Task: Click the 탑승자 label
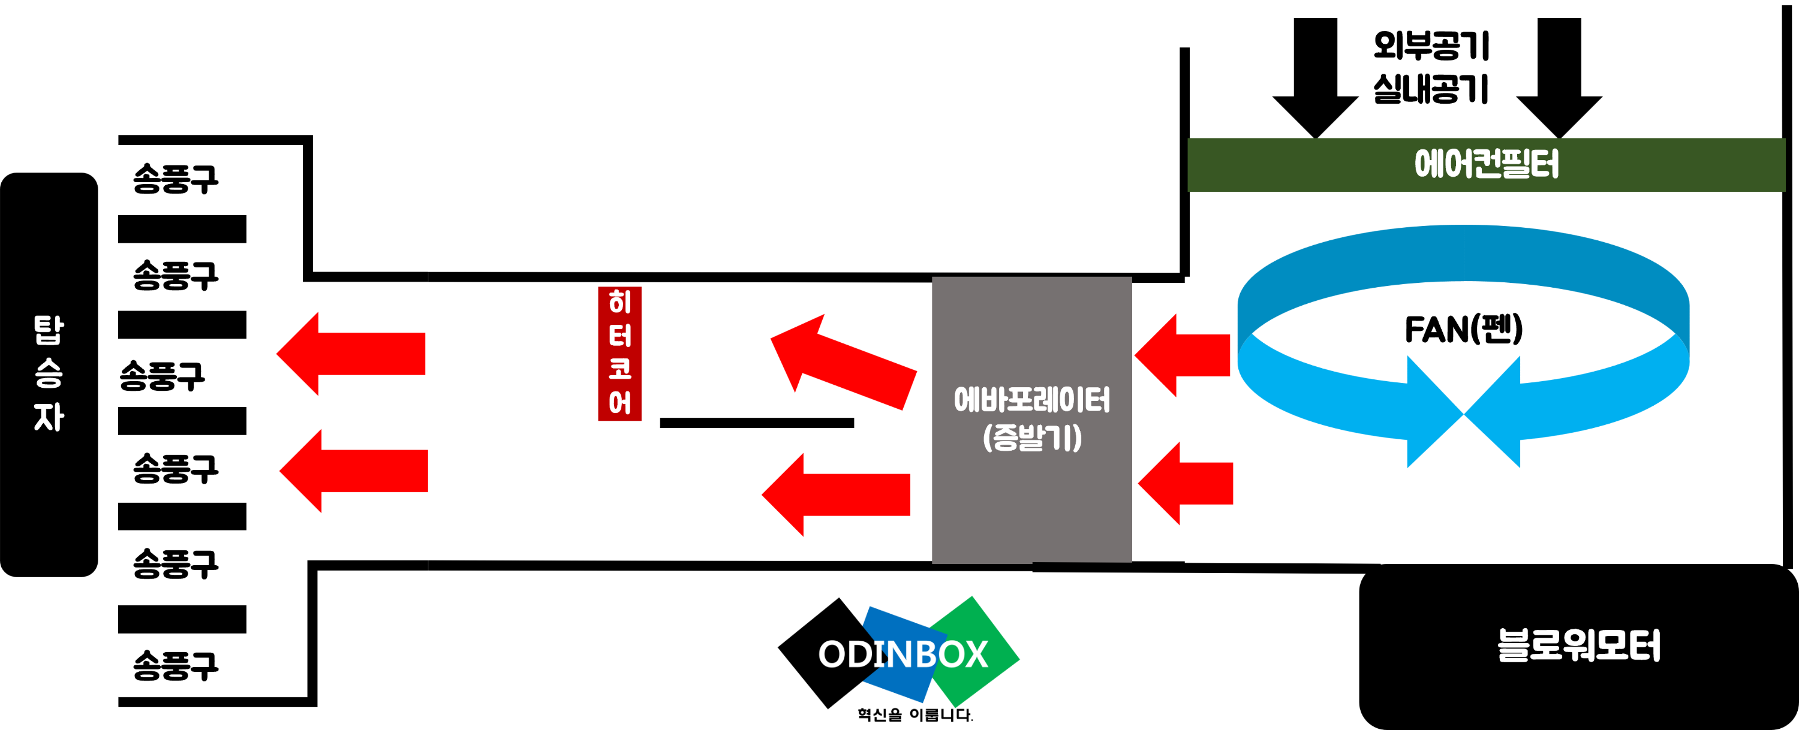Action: (49, 373)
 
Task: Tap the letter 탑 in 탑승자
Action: (49, 330)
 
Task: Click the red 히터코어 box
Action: (619, 353)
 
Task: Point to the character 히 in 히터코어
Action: (619, 302)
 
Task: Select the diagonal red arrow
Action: (841, 363)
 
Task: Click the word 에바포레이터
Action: (1031, 400)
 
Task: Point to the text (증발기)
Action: (1031, 438)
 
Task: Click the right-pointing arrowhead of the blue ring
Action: (1431, 412)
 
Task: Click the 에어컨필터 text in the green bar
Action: (1486, 165)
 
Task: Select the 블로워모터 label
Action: (1578, 645)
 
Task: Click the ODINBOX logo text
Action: (902, 654)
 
